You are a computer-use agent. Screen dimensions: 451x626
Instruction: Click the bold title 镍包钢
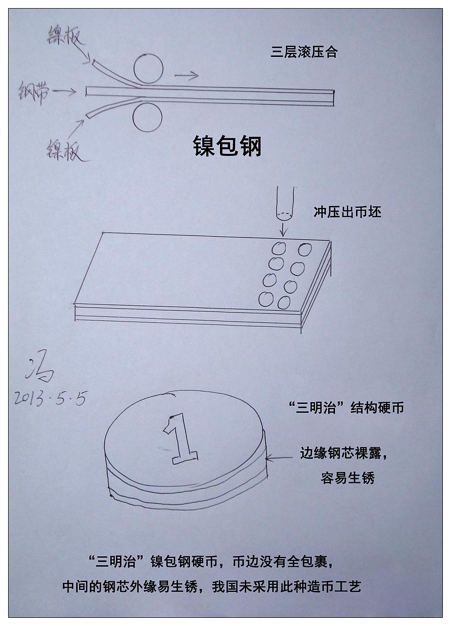(x=228, y=146)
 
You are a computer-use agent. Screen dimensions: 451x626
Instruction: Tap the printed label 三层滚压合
(x=304, y=52)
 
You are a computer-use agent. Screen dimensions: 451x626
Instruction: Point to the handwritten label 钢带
(x=34, y=93)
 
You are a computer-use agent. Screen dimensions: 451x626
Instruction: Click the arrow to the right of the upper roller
(x=186, y=75)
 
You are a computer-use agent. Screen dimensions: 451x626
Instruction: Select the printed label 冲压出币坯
(x=347, y=213)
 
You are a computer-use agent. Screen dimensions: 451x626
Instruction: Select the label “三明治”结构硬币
(x=346, y=408)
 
